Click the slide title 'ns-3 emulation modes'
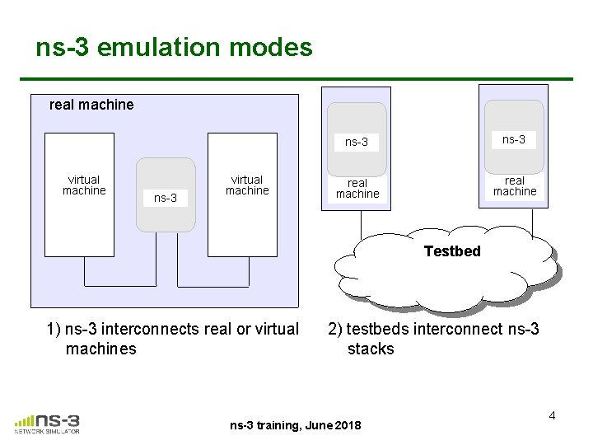tap(174, 47)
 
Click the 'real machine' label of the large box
tap(91, 105)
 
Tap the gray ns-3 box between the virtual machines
tap(166, 195)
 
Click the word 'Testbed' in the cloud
tap(452, 251)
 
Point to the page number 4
tap(552, 415)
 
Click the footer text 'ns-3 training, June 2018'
tap(296, 425)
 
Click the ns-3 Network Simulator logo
tap(47, 422)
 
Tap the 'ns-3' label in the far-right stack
tap(514, 139)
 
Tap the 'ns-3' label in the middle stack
tap(357, 142)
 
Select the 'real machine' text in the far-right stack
tap(515, 185)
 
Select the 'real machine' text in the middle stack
tap(357, 188)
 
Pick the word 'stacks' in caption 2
tap(371, 349)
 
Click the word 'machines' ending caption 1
tap(100, 349)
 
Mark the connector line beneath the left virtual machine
tap(84, 272)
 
